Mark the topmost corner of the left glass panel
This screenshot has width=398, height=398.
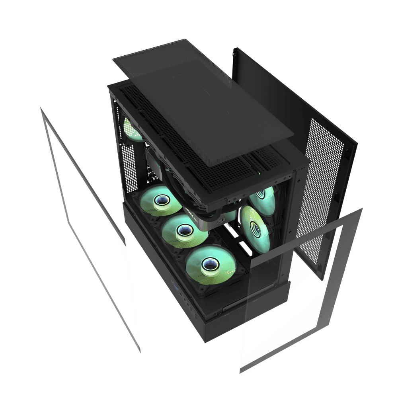click(40, 107)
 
